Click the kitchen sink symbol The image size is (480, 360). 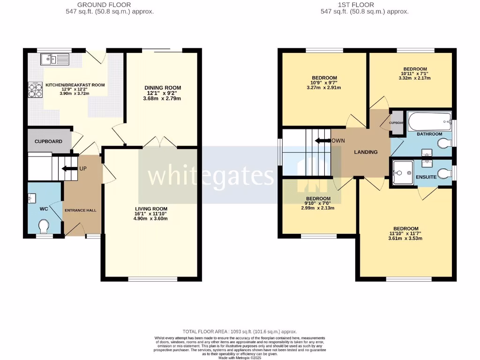tap(55, 59)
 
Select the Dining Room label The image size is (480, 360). tap(162, 88)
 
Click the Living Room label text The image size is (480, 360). tap(151, 209)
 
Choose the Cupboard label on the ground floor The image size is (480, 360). tap(48, 141)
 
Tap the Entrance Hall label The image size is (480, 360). tap(80, 210)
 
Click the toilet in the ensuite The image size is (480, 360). tap(442, 175)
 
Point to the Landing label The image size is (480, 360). tap(366, 152)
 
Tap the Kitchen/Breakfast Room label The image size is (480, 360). tap(75, 85)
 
